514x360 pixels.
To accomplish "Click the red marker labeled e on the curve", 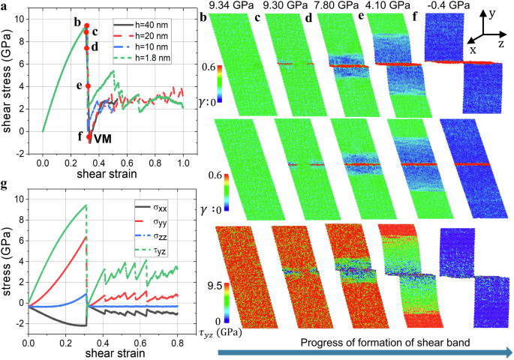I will pos(88,86).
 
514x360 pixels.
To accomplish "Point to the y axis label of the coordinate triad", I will pos(492,13).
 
